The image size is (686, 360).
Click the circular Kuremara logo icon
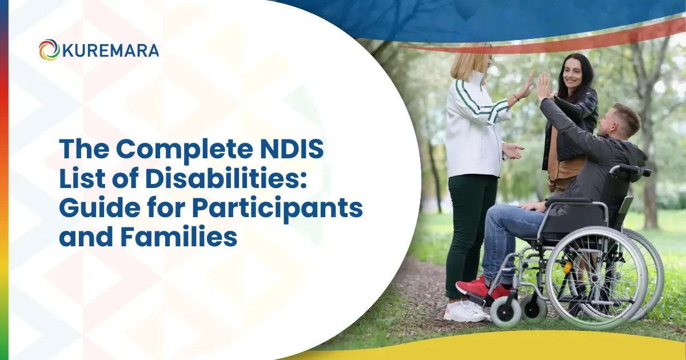pos(49,50)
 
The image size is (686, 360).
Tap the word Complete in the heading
pos(183,150)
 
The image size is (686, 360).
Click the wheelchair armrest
pos(572,201)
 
